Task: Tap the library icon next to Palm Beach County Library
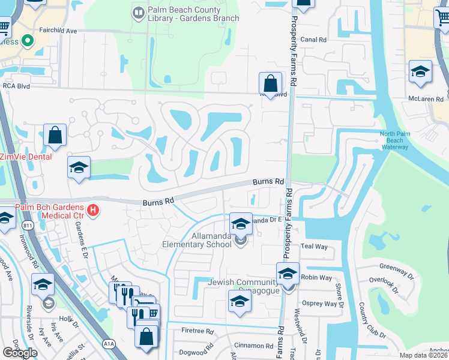point(139,11)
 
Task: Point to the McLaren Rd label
point(425,99)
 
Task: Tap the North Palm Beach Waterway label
point(394,140)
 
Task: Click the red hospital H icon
point(92,211)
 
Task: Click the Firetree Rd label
point(197,331)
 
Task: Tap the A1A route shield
point(109,344)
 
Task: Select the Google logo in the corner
point(20,352)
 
